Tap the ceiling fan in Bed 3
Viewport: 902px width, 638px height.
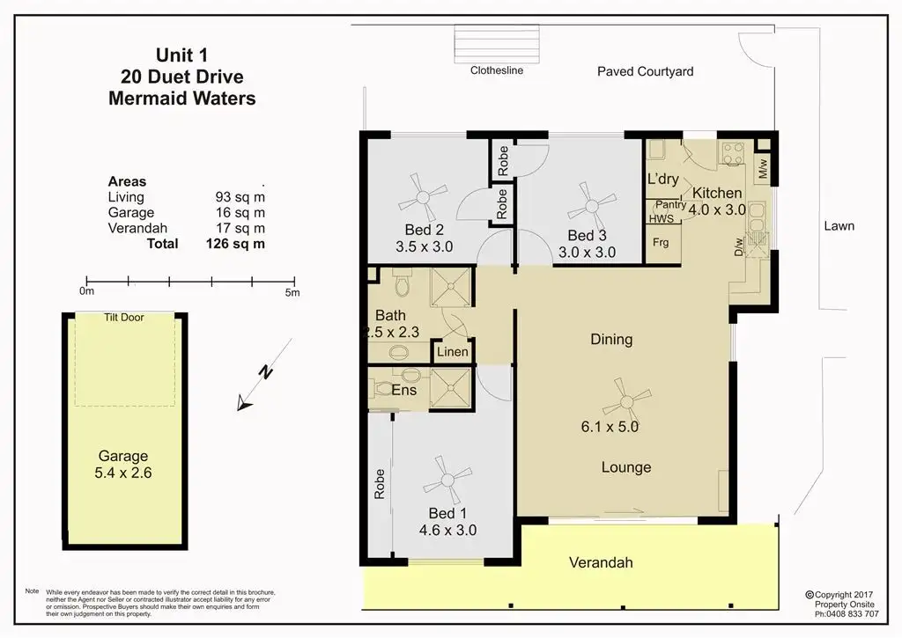pyautogui.click(x=592, y=206)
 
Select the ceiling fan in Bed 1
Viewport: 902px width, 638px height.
pyautogui.click(x=447, y=480)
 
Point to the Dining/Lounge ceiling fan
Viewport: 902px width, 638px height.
pyautogui.click(x=627, y=401)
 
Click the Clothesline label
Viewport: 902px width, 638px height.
pyautogui.click(x=497, y=70)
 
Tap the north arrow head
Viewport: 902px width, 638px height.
pyautogui.click(x=245, y=404)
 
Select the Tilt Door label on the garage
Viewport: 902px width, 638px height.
pyautogui.click(x=123, y=318)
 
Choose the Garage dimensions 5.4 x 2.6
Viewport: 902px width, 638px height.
pyautogui.click(x=123, y=473)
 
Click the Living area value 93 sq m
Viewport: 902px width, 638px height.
pyautogui.click(x=240, y=197)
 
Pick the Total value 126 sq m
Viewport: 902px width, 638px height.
pyautogui.click(x=235, y=244)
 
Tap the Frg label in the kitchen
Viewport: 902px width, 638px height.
pyautogui.click(x=661, y=243)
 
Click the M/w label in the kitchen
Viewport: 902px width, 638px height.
pyautogui.click(x=763, y=169)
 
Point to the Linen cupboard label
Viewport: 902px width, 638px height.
pyautogui.click(x=452, y=352)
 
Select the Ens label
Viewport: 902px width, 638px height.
pyautogui.click(x=403, y=390)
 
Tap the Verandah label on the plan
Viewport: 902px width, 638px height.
pyautogui.click(x=601, y=562)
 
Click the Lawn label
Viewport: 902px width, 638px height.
pyautogui.click(x=839, y=226)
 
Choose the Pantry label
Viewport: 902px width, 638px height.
pyautogui.click(x=670, y=205)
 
